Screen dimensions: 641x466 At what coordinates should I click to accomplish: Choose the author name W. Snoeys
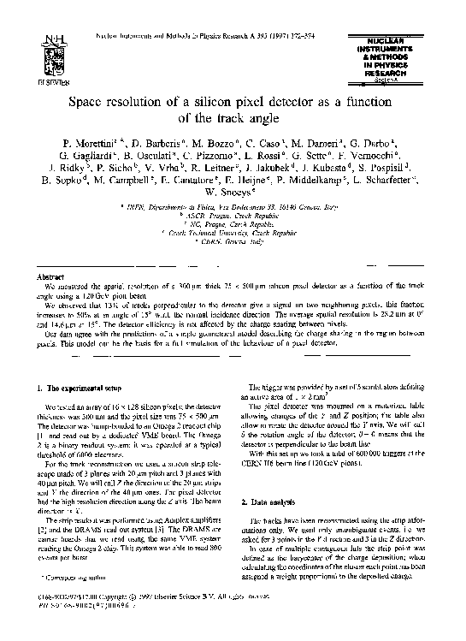tap(234, 195)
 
